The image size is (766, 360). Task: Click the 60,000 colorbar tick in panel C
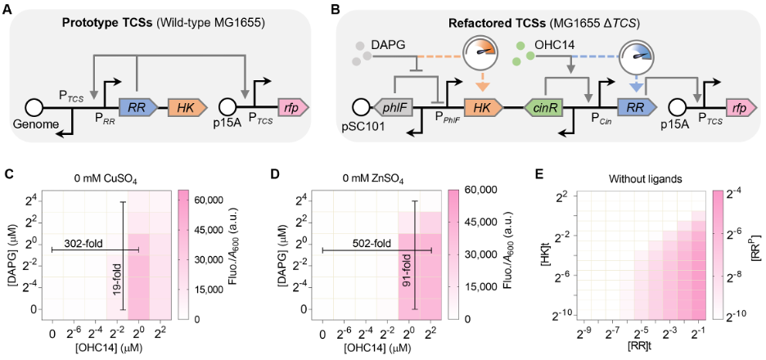point(210,199)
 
